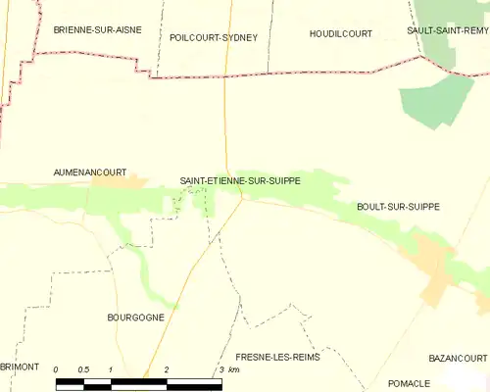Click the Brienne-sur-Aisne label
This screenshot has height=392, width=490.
click(97, 30)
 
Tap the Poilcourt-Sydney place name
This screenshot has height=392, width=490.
click(213, 37)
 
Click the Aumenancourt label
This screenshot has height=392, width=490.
click(89, 171)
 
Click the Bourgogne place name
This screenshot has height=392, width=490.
click(135, 318)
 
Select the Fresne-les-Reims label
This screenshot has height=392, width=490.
click(278, 357)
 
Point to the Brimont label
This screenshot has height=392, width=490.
click(20, 367)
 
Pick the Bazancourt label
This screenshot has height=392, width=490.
click(457, 358)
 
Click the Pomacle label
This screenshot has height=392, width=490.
click(409, 382)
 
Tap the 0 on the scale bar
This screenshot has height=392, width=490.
click(57, 369)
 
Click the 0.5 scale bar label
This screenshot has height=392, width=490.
click(83, 369)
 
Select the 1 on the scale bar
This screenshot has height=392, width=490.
click(112, 369)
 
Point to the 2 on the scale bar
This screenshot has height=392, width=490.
click(167, 369)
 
